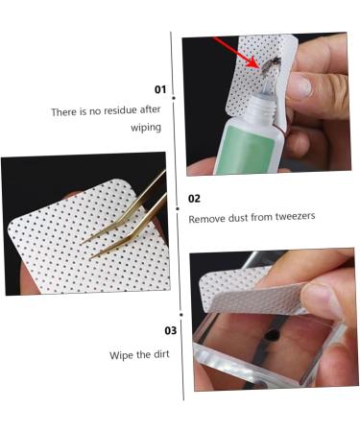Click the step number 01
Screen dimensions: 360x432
tap(160, 89)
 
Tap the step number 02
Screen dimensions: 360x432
tap(194, 199)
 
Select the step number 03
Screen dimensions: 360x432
tap(171, 330)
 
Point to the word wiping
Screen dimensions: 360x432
tap(146, 128)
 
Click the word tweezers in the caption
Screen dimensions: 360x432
tap(295, 216)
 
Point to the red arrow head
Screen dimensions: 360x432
tap(255, 63)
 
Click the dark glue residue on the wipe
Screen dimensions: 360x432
tap(271, 65)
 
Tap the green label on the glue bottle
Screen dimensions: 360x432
tap(248, 150)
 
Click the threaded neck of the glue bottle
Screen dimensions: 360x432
tap(262, 106)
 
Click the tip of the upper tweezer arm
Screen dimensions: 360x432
tap(82, 245)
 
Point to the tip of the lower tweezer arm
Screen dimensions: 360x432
tap(90, 258)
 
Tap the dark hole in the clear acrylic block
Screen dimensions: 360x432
tap(272, 335)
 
